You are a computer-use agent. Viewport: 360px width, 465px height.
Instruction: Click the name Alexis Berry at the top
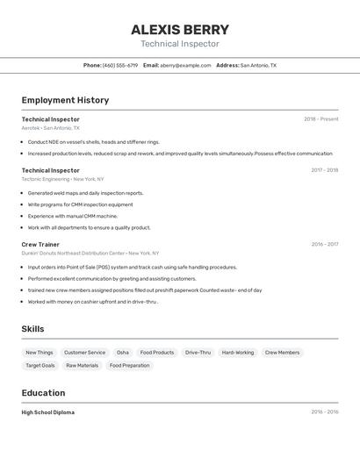180,29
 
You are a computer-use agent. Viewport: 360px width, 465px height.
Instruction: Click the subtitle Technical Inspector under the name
180,44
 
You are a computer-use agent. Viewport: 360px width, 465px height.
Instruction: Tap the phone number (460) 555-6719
120,65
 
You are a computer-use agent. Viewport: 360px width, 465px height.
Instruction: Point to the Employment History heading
65,100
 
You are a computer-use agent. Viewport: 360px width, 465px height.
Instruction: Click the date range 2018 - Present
320,118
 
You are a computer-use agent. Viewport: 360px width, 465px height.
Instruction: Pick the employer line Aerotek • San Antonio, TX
51,128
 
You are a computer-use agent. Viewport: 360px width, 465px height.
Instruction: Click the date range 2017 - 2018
324,170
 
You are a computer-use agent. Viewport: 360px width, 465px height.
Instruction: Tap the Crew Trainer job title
40,245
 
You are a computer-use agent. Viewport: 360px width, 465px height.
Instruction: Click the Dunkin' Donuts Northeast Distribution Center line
90,254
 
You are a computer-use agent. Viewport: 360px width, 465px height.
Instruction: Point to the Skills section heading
33,329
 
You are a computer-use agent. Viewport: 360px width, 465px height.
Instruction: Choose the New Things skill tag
40,353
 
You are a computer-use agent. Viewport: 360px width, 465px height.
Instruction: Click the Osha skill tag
123,353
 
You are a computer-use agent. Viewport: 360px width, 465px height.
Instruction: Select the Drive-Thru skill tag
198,353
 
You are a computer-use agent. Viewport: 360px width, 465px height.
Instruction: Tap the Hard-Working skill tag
238,353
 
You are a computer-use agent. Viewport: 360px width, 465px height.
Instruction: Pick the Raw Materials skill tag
82,366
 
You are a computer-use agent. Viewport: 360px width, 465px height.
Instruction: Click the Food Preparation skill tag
130,366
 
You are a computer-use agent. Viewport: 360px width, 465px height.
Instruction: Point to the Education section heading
43,393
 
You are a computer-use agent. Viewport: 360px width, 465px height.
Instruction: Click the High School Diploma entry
48,412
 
